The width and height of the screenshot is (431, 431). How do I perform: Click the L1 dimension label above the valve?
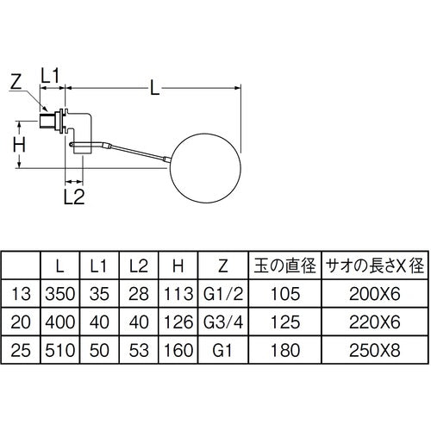pyautogui.click(x=53, y=76)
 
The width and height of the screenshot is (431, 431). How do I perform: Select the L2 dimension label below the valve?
pyautogui.click(x=75, y=198)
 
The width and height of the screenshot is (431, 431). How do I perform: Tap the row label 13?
pyautogui.click(x=22, y=294)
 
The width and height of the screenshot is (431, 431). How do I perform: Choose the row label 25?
pyautogui.click(x=22, y=352)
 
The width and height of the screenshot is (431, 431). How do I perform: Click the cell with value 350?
pyautogui.click(x=59, y=294)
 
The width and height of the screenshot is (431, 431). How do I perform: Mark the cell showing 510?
pyautogui.click(x=59, y=352)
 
